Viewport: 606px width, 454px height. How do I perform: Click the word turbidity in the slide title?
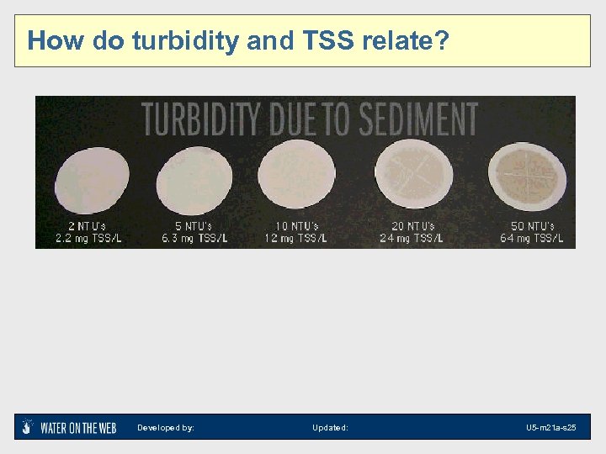pos(185,40)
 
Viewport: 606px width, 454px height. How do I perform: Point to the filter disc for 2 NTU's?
pos(92,179)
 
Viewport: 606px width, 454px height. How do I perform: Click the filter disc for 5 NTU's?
pos(194,179)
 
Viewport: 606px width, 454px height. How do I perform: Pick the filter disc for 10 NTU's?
pos(297,177)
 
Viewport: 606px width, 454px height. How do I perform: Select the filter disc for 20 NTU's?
pos(412,176)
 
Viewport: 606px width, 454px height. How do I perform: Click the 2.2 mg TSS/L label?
pos(88,238)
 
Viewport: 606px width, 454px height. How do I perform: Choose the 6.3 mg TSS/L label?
pos(195,238)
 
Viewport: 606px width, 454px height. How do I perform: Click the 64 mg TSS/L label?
pos(531,238)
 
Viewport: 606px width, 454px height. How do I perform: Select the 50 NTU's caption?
pos(533,226)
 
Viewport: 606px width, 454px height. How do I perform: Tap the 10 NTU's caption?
pos(297,226)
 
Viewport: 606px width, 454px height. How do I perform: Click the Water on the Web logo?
pos(70,427)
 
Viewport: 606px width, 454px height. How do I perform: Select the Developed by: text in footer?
pos(166,428)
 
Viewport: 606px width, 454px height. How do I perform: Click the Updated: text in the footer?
pos(330,428)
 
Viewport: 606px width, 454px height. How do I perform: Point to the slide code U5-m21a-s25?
pos(551,428)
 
